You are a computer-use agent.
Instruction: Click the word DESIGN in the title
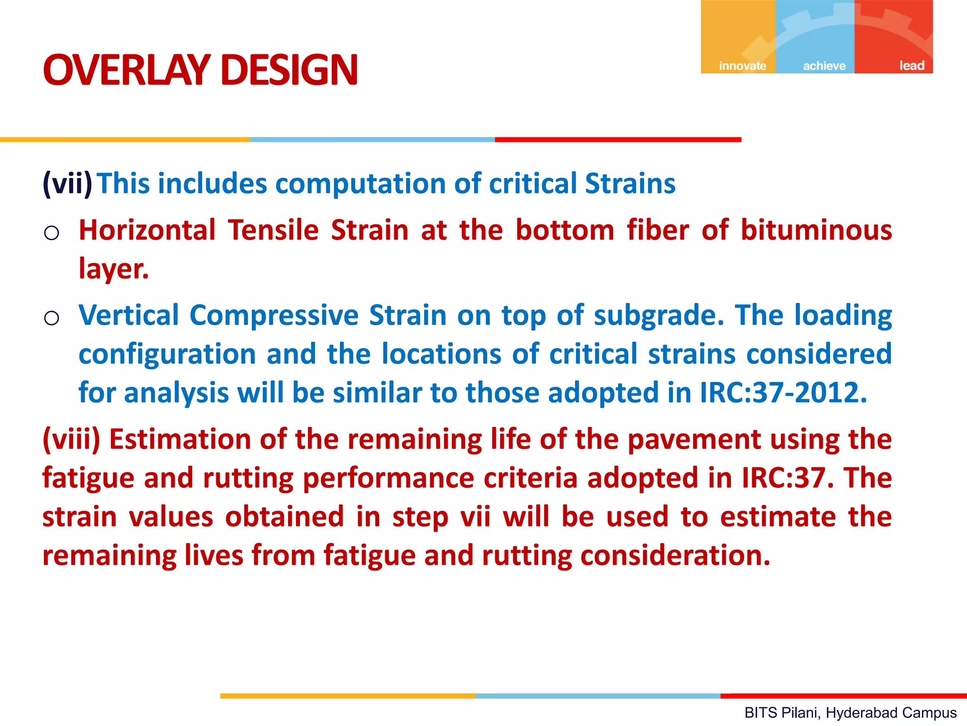(x=289, y=70)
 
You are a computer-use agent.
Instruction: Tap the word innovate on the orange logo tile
(x=742, y=66)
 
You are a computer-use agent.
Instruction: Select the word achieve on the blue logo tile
(x=824, y=66)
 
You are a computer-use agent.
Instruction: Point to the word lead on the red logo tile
(x=911, y=65)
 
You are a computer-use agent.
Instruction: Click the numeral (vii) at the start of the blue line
(x=68, y=183)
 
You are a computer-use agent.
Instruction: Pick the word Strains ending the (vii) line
(x=630, y=183)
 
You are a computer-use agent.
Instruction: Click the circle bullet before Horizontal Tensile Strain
(x=51, y=233)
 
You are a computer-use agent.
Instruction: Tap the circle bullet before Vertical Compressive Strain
(x=51, y=318)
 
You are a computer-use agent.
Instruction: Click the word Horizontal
(x=147, y=230)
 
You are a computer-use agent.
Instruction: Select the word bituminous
(x=816, y=230)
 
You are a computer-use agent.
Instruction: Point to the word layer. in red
(x=113, y=269)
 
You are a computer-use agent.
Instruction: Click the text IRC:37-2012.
(x=783, y=392)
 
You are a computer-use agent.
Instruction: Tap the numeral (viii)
(x=71, y=439)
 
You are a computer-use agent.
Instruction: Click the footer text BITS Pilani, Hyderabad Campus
(x=850, y=712)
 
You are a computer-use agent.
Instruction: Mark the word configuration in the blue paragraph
(x=167, y=354)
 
